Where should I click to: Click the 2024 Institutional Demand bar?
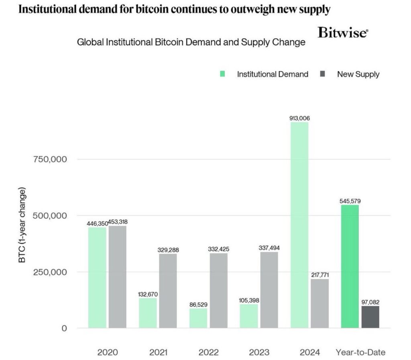[299, 224]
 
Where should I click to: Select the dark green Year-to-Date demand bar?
[350, 267]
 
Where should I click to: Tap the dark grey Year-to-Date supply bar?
[370, 317]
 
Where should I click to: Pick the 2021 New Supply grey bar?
[168, 291]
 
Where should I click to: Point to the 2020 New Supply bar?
[117, 277]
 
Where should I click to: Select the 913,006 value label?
[299, 118]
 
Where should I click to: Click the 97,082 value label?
[370, 302]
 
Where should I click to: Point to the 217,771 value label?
[319, 275]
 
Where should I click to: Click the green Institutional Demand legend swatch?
[223, 74]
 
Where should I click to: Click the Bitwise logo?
[342, 33]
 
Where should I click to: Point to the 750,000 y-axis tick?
[50, 159]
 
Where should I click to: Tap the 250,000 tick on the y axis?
[50, 272]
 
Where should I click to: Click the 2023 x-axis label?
[259, 352]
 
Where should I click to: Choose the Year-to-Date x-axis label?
[360, 352]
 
